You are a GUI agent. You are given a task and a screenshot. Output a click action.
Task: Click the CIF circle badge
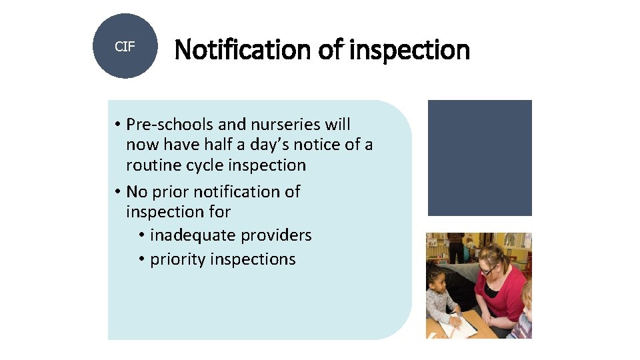(x=125, y=46)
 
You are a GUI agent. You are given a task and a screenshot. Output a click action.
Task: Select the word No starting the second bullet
(x=137, y=192)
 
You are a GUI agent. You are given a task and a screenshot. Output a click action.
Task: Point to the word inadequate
(x=193, y=235)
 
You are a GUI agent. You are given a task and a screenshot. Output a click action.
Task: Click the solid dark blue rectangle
(x=479, y=158)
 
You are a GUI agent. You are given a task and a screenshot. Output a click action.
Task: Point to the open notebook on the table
(x=463, y=325)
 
